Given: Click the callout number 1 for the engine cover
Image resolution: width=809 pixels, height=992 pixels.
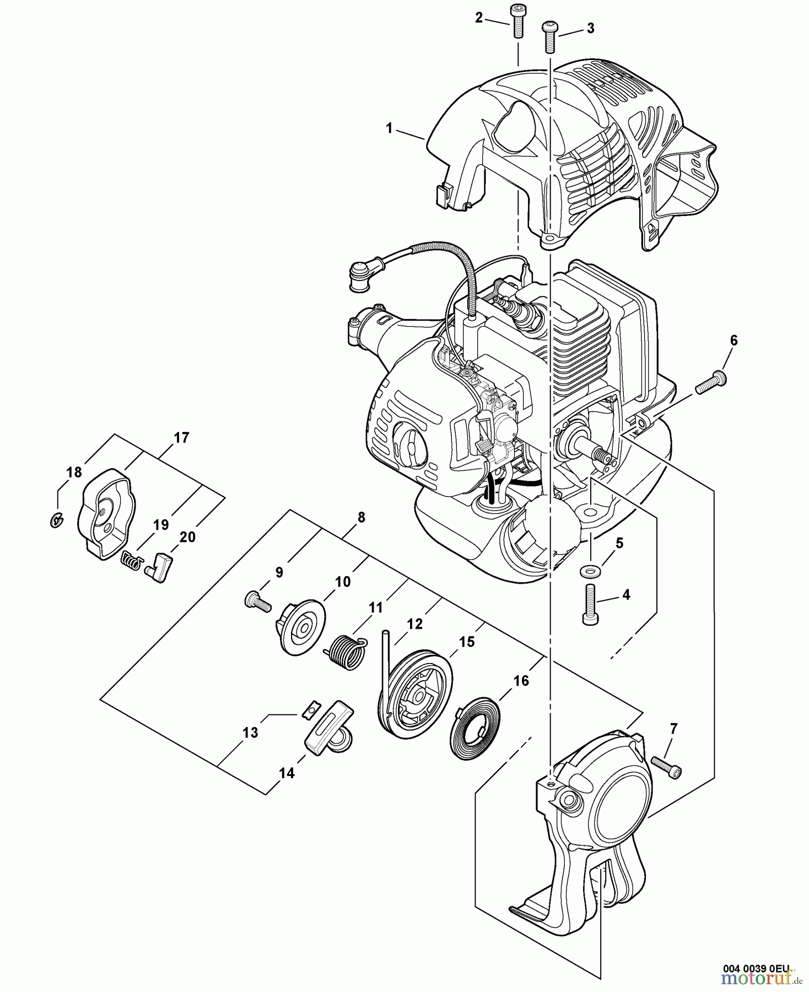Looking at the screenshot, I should click(389, 128).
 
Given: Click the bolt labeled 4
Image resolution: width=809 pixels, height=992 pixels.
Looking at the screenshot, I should click(590, 605).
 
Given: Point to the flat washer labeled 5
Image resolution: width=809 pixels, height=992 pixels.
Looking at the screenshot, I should click(590, 569).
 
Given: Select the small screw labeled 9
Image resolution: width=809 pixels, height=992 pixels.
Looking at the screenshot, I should click(256, 600).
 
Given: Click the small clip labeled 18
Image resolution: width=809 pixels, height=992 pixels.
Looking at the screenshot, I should click(56, 519).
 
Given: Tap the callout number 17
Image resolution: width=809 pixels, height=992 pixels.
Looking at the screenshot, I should click(181, 438).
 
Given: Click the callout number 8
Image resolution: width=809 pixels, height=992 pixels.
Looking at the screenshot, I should click(361, 517).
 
